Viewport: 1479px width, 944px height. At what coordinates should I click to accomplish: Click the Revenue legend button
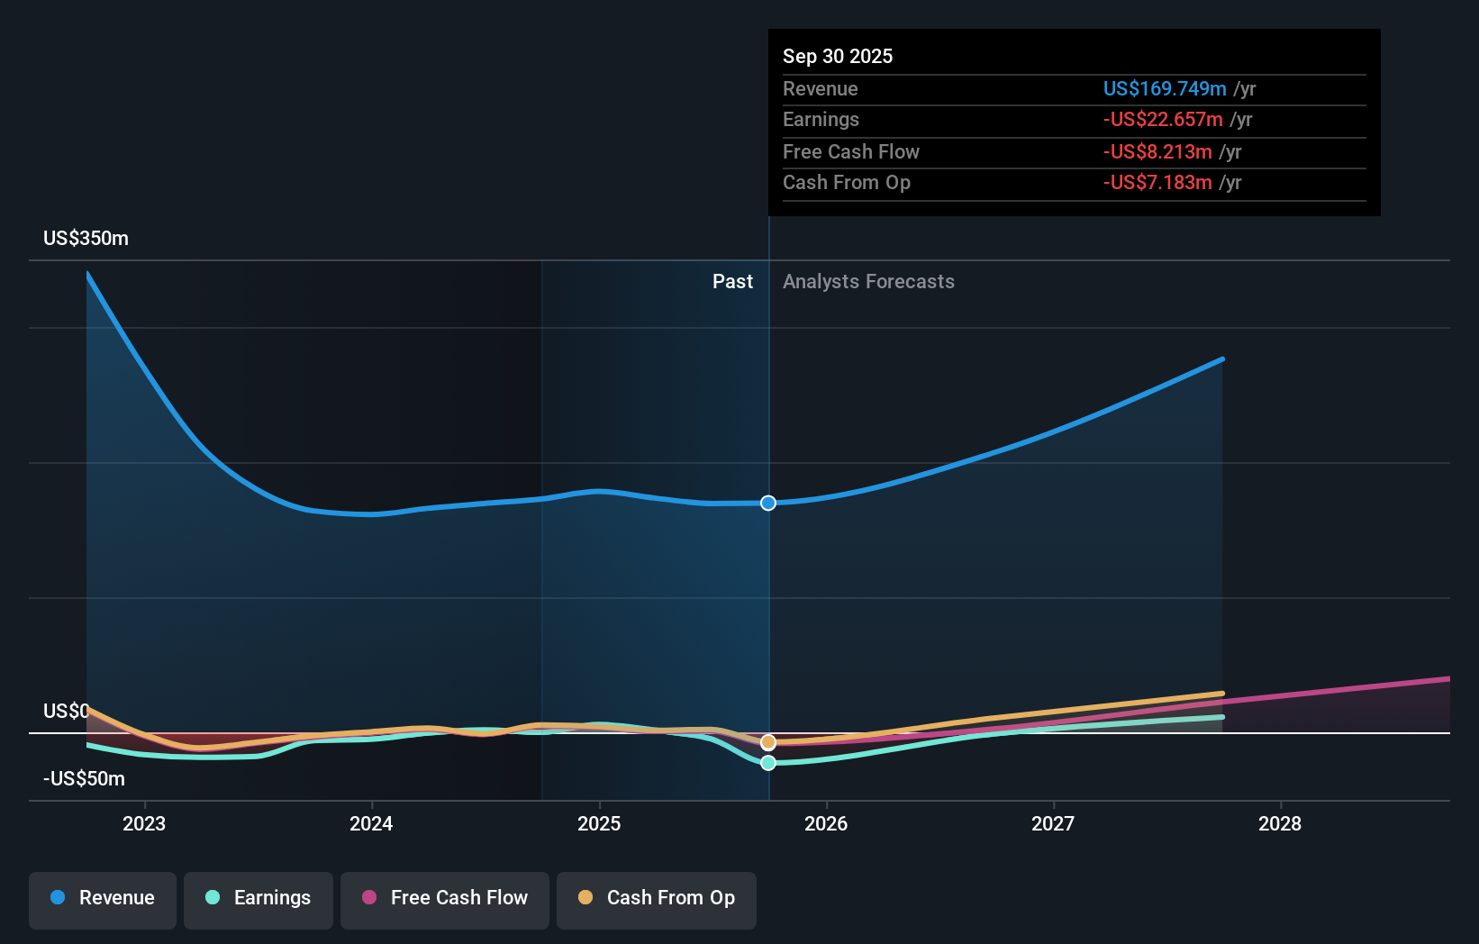coord(103,898)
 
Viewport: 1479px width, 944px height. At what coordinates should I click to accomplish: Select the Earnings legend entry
coord(259,898)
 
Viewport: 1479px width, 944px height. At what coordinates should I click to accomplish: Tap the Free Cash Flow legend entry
coord(445,898)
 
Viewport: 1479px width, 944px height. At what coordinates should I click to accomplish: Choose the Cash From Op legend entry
coord(657,898)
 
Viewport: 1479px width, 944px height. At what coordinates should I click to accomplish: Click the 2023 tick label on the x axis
coord(144,823)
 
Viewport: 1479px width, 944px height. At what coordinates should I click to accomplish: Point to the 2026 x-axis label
coord(826,823)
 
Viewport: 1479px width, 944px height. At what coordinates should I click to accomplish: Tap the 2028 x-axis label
coord(1280,823)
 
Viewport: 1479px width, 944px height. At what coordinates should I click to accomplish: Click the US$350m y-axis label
coord(86,239)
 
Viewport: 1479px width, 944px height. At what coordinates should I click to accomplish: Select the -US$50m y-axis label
coord(84,779)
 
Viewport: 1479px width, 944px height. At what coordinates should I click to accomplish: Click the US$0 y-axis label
coord(66,712)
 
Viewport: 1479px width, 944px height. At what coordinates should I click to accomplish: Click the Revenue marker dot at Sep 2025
coord(768,504)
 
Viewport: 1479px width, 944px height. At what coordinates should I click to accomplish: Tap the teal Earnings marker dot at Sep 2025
coord(768,763)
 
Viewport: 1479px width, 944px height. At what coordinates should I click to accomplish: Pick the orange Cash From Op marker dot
coord(768,742)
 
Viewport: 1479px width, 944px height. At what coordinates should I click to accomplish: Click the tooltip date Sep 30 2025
coord(838,57)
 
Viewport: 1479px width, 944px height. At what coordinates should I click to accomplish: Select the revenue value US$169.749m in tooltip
coord(1165,89)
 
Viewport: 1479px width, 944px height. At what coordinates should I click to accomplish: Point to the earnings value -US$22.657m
coord(1163,120)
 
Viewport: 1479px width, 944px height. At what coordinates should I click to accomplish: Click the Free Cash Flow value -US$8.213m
coord(1157,152)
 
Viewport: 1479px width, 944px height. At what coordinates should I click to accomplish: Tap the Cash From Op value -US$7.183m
coord(1157,183)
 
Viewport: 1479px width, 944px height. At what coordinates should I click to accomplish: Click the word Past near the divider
coord(732,282)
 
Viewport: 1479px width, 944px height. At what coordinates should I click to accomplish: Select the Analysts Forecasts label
coord(868,282)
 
